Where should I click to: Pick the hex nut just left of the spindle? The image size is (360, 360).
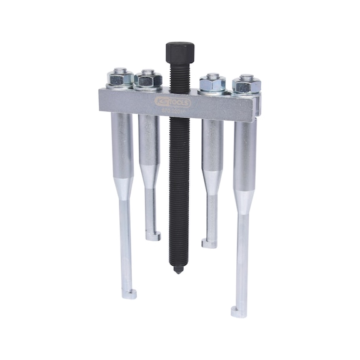pyautogui.click(x=149, y=79)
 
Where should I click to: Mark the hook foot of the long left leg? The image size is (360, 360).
pyautogui.click(x=129, y=294)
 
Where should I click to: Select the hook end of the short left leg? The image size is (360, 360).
pyautogui.click(x=153, y=236)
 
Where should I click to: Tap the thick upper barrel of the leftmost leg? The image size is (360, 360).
pyautogui.click(x=122, y=144)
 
